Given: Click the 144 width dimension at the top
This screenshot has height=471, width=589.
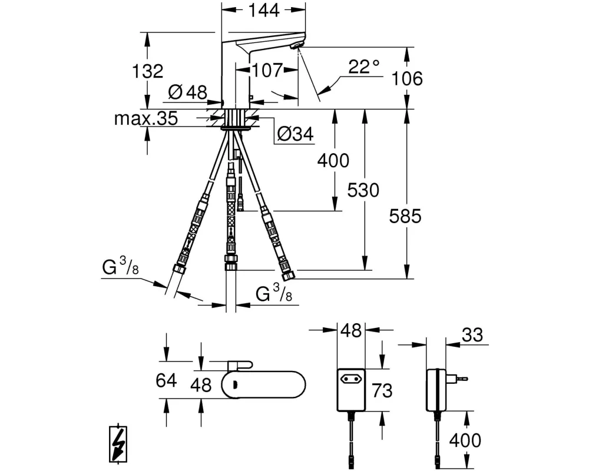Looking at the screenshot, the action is pos(264,11).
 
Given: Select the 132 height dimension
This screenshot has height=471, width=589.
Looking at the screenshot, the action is pos(148,71).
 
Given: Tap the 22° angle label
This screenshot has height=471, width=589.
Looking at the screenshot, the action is pos(363,67).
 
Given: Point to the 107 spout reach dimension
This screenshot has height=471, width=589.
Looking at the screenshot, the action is pos(267,70).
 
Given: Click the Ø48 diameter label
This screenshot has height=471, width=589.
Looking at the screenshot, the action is pos(188,92).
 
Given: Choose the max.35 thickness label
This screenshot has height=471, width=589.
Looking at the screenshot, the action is pos(145,119).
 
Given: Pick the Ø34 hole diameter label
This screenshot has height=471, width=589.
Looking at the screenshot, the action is pos(296,134).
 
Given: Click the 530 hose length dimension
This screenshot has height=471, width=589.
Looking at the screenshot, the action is pos(363,190).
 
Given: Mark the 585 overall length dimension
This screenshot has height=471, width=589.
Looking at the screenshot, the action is pos(405,216).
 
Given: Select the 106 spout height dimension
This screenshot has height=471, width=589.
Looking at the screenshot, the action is pos(407,78).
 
